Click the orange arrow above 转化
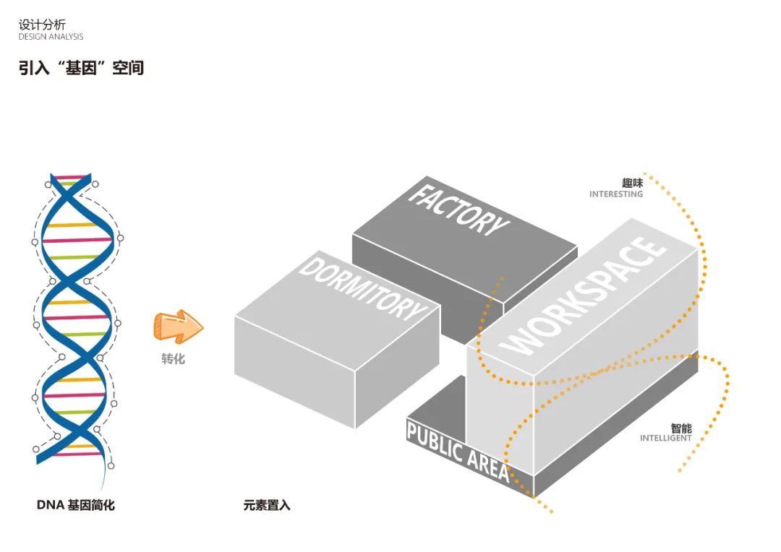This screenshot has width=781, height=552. click(177, 326)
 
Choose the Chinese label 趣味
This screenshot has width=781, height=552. click(632, 183)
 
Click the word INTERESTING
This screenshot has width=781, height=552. click(615, 194)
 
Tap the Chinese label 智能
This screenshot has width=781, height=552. click(680, 428)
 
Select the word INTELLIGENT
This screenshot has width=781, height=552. click(665, 439)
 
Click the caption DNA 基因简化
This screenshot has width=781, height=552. click(75, 505)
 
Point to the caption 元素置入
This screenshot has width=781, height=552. click(267, 505)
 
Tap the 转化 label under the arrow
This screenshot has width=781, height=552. click(173, 358)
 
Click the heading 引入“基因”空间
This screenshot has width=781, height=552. click(81, 68)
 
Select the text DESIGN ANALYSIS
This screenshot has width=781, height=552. click(51, 37)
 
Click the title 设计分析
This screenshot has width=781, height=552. click(42, 25)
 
